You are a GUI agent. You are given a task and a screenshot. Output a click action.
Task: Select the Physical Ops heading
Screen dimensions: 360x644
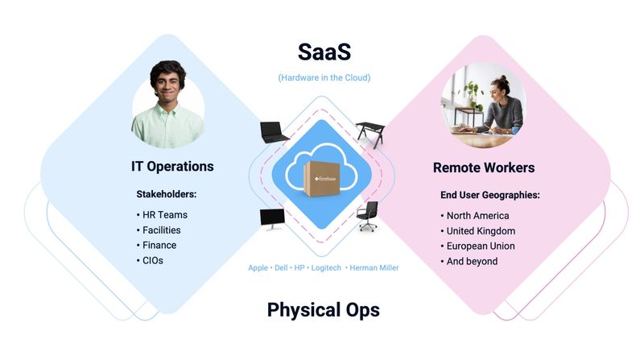click(323, 310)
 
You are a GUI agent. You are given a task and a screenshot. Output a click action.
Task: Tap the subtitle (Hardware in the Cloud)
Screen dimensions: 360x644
click(324, 78)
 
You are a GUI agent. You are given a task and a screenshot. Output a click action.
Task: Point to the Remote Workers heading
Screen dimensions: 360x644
click(484, 168)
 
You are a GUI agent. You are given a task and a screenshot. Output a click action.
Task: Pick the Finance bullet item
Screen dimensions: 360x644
click(159, 246)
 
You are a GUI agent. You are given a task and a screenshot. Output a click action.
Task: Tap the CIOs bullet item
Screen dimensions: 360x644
click(153, 261)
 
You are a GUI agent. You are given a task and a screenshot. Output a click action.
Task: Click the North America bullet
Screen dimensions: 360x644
click(477, 215)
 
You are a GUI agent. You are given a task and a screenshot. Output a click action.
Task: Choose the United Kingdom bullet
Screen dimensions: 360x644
click(481, 230)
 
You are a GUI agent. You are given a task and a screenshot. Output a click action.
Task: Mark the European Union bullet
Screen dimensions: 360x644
click(481, 246)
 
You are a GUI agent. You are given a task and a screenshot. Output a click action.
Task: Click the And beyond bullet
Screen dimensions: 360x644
click(472, 261)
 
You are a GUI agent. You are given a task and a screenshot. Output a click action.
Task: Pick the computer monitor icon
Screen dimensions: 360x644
click(272, 219)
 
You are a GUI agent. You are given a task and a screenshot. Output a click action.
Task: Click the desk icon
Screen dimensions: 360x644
click(371, 133)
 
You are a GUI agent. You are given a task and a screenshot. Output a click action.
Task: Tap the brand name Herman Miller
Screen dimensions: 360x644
click(374, 267)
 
